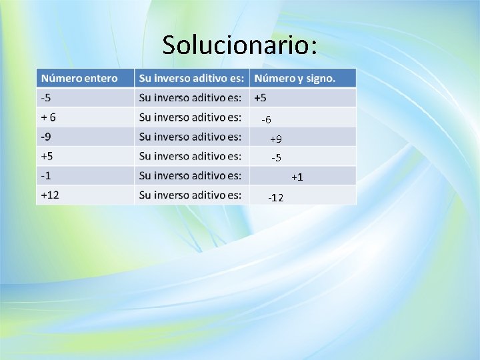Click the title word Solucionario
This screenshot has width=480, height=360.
coord(239,45)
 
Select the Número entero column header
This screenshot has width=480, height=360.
coord(79,78)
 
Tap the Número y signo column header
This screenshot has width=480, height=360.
coord(295,78)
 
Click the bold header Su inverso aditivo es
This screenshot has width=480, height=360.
coord(191,78)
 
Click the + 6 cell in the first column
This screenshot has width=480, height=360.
coord(49,117)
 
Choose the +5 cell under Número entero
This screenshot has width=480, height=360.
coord(47,156)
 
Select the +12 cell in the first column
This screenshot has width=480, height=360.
coord(50,195)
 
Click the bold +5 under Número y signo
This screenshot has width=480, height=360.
coord(260,98)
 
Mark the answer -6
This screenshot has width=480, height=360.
coord(266,120)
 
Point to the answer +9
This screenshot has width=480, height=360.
coord(275,139)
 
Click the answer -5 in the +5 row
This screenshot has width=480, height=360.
coord(276,158)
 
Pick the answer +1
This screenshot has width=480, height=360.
coord(297,177)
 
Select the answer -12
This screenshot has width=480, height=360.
coord(275,198)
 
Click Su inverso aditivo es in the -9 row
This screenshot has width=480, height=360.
coord(190,137)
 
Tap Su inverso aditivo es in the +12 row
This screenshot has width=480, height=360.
coord(190,195)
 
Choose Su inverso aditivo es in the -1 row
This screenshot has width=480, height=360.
coord(190,175)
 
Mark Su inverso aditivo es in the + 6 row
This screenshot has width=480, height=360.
coord(190,117)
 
